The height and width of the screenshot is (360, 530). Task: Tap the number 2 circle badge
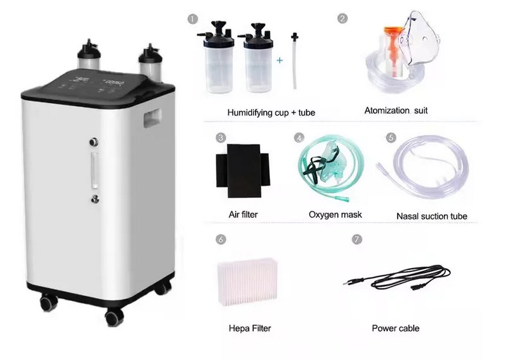(x=342, y=19)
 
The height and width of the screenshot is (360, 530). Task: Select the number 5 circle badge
(x=390, y=138)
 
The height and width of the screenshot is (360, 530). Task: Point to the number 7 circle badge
(x=357, y=239)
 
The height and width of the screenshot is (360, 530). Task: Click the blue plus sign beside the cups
(x=279, y=60)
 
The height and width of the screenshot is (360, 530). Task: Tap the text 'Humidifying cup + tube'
(x=271, y=113)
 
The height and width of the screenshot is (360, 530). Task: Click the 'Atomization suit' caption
(x=396, y=111)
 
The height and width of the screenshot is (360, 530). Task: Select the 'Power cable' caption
(x=395, y=328)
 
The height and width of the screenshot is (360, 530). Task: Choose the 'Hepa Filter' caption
(x=250, y=328)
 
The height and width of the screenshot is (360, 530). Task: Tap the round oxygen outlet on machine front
(x=95, y=141)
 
